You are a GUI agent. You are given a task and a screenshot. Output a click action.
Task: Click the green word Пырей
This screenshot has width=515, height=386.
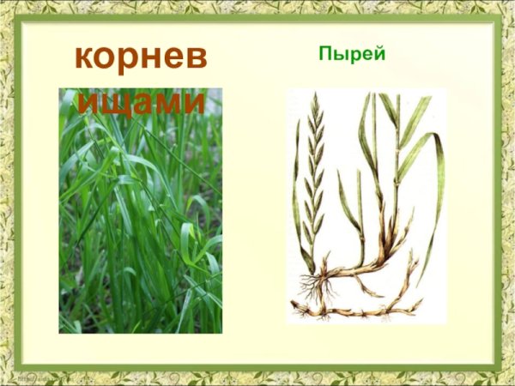point(352,55)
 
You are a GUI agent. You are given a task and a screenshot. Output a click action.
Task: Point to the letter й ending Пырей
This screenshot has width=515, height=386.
point(379,54)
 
